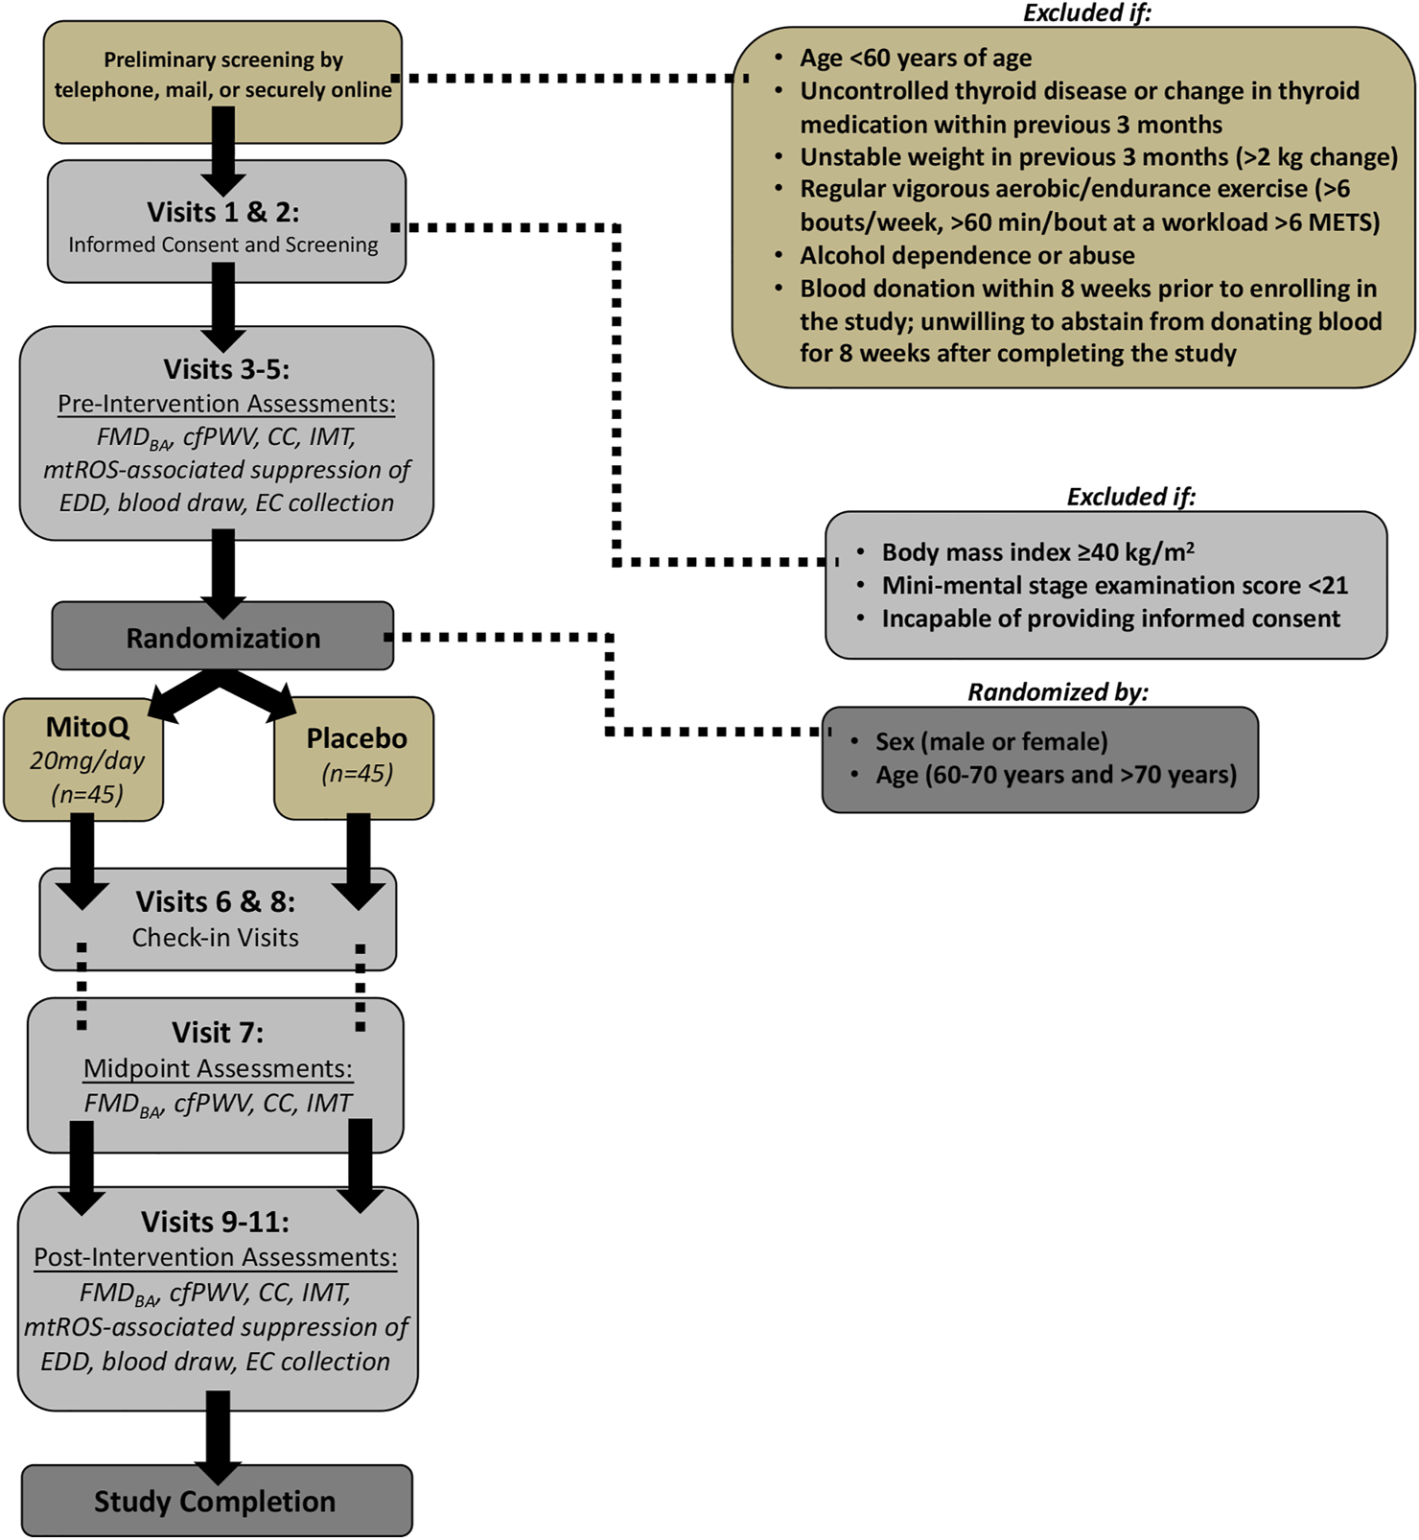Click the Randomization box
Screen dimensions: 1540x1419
[222, 638]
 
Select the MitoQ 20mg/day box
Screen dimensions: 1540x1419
[84, 759]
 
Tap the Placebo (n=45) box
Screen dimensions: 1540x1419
[356, 757]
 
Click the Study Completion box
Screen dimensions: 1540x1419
[216, 1501]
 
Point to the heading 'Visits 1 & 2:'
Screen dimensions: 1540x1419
[222, 212]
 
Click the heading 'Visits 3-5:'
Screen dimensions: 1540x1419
[225, 369]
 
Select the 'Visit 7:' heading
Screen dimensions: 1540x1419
[217, 1033]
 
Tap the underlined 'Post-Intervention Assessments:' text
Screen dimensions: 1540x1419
[216, 1257]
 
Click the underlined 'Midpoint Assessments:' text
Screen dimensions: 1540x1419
[218, 1068]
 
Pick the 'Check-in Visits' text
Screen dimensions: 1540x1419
[215, 938]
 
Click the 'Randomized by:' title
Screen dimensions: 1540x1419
[1058, 692]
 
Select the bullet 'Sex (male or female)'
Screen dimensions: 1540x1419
[990, 741]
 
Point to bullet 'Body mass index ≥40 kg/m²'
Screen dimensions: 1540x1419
[1037, 552]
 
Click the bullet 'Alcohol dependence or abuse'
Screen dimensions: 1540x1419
[966, 255]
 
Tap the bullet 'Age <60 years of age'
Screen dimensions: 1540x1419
[916, 58]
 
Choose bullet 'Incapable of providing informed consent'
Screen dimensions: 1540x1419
[1110, 618]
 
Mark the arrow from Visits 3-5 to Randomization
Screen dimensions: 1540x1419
[223, 571]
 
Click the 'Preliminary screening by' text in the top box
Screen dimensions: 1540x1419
[223, 59]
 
